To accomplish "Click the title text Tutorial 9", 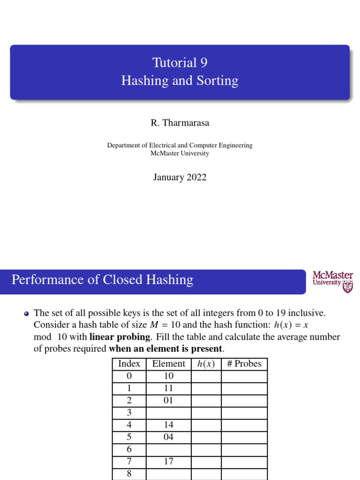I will (x=180, y=63).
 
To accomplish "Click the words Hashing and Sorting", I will (x=180, y=81).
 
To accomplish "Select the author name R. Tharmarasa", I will (x=180, y=123).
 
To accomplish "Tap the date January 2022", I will (x=180, y=177).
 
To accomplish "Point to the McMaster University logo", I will (x=333, y=282).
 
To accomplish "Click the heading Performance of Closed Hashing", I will (x=102, y=280).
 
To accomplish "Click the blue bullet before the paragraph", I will (x=27, y=314).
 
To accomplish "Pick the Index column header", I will (x=129, y=364).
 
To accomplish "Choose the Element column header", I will (x=169, y=364).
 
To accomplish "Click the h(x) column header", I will (x=206, y=364).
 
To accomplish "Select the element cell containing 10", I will (x=169, y=376).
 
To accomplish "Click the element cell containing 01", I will (x=169, y=400).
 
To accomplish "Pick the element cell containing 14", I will (x=169, y=425).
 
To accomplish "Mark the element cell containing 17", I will (x=169, y=461).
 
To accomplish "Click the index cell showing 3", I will (x=129, y=412).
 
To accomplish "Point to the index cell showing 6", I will (x=129, y=449).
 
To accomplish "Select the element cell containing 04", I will (x=169, y=437).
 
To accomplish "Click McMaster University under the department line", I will (x=180, y=153).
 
